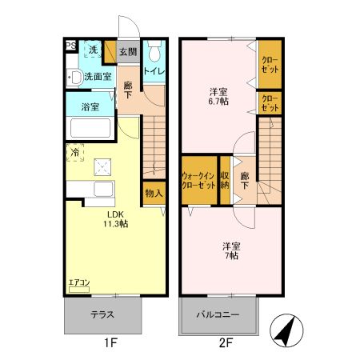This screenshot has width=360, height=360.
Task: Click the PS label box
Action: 71,46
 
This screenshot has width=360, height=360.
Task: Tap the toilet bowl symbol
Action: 154,51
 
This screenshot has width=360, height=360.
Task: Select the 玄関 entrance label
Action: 128,52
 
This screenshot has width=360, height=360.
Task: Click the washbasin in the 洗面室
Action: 74,78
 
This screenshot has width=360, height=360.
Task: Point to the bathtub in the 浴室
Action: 90,128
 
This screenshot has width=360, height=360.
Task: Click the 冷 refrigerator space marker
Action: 75,153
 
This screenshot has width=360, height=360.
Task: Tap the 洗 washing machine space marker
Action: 93,49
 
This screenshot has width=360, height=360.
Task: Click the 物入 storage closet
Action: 154,194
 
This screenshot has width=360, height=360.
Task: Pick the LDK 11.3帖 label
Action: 116,219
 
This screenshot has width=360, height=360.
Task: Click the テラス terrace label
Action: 102,314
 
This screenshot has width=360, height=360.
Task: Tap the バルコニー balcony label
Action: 218,314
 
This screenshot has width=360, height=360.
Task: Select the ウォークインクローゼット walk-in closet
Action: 199,180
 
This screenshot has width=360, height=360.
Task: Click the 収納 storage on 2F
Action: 225,180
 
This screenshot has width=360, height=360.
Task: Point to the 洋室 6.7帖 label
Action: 218,97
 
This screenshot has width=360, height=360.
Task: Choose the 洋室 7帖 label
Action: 231,250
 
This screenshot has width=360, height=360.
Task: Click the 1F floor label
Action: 110,342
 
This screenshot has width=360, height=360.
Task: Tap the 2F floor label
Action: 226,342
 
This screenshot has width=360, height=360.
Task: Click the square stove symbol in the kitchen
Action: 102,167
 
